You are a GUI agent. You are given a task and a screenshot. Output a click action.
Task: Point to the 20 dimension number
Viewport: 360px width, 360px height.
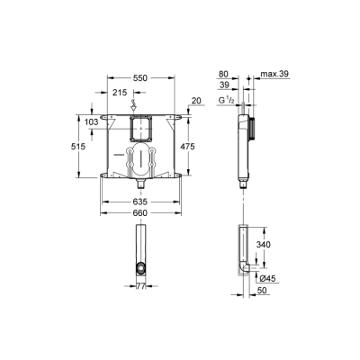tap(195, 101)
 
